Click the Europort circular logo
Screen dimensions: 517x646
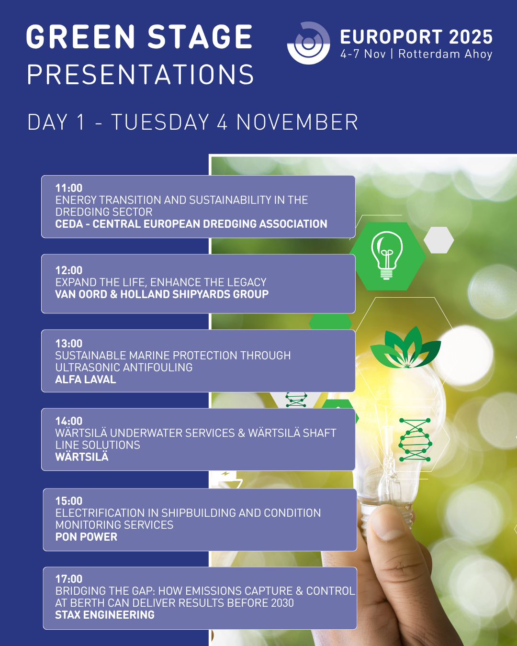coord(308,43)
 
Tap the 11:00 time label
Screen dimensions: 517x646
coord(69,188)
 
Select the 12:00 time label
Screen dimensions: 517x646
coord(69,270)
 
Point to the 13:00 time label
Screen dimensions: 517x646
coord(69,344)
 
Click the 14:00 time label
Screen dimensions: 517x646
coord(69,421)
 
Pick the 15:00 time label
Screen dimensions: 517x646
coord(69,501)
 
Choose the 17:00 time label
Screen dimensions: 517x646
coord(69,579)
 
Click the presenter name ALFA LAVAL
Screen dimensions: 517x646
coord(86,379)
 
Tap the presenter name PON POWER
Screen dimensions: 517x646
coord(86,537)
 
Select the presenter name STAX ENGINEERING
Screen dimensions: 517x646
coord(105,615)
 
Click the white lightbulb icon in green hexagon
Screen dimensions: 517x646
coord(387,256)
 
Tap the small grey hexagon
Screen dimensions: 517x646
coord(438,240)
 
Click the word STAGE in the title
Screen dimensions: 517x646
coord(200,37)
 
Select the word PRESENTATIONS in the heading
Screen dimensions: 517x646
coord(141,74)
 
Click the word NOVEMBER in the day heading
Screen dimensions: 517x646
coord(297,122)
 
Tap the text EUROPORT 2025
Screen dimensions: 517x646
coord(416,37)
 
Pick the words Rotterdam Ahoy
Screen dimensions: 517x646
coord(445,54)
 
